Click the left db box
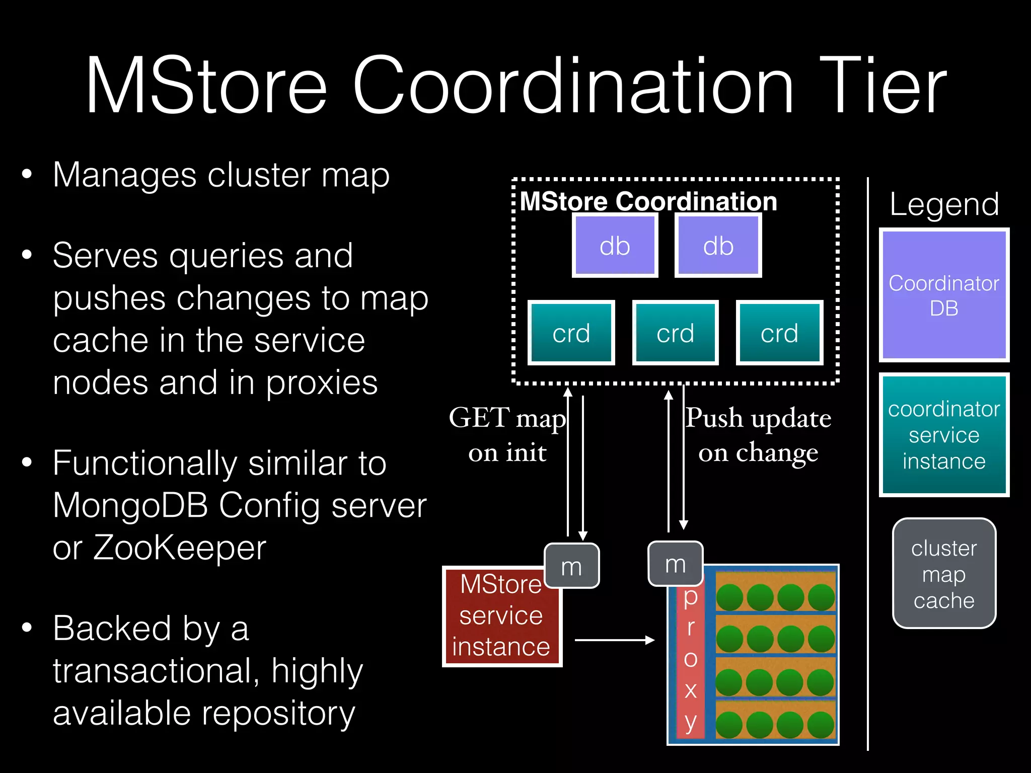coord(615,246)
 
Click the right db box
coord(718,246)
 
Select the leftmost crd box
coord(571,333)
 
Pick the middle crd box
coord(675,333)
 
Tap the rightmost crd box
coord(779,333)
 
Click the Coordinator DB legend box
coord(944,295)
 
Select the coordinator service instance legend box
coord(944,435)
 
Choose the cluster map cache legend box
coord(944,574)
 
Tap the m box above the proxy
coord(675,564)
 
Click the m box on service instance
coord(571,566)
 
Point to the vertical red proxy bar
coord(691,659)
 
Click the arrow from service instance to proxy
coord(614,640)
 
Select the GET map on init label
coord(507,434)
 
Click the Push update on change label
coord(758,434)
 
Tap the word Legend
coord(944,204)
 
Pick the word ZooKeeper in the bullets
coord(180,547)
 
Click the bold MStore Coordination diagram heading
coord(648,201)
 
